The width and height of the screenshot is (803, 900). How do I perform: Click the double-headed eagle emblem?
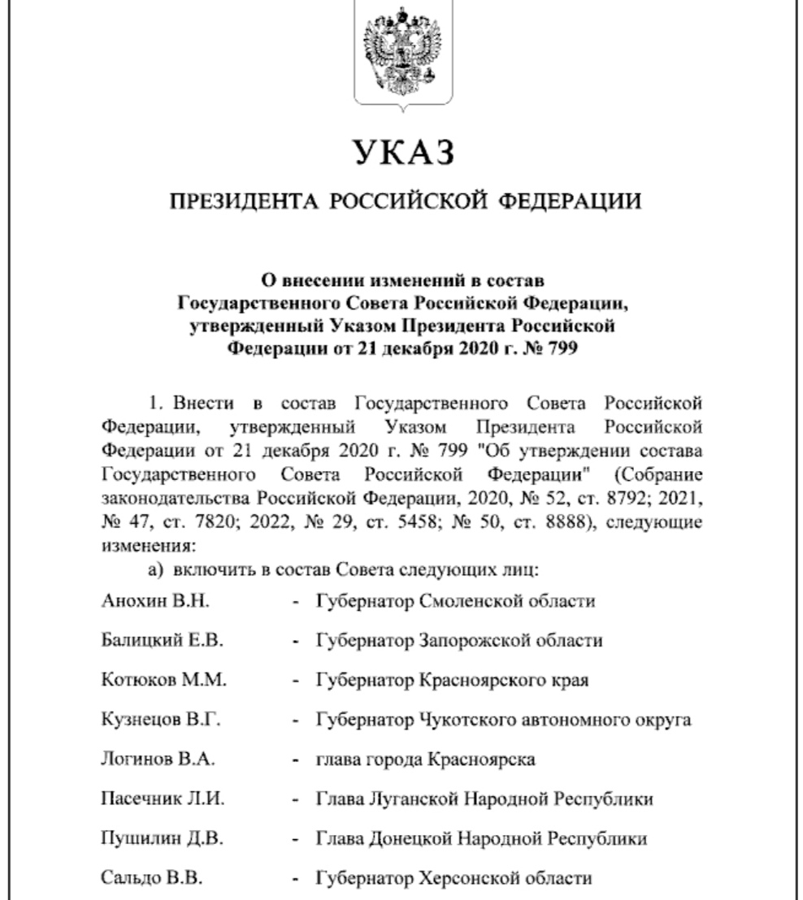pos(401,56)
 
